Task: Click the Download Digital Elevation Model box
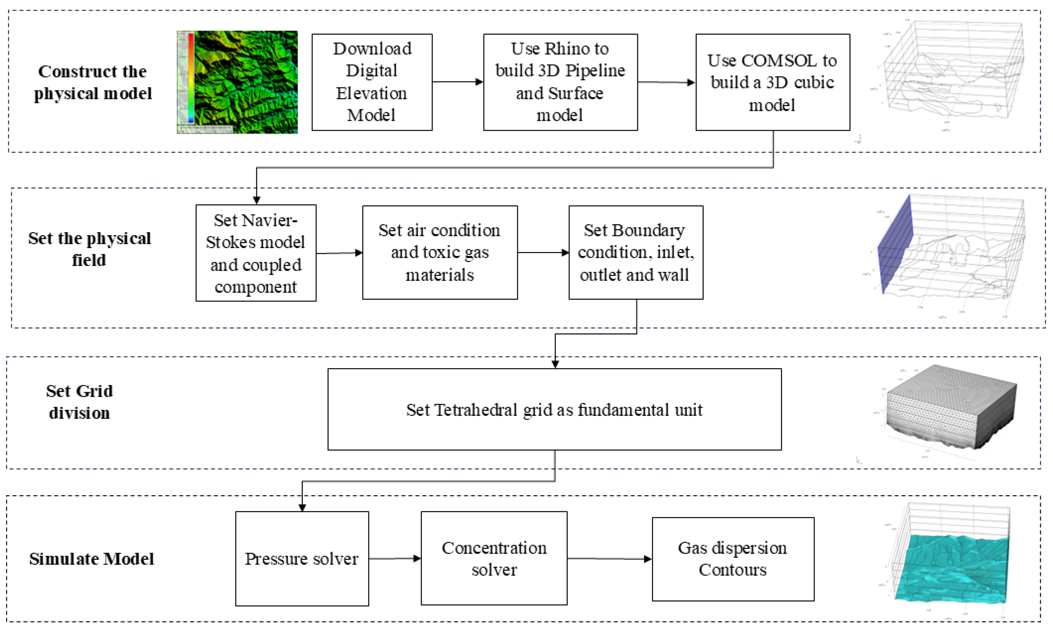[372, 82]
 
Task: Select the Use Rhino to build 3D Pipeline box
[560, 82]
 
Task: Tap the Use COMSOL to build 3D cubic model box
[773, 82]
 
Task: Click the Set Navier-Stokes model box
[256, 253]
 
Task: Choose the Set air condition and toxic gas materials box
[440, 252]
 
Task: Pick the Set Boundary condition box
[635, 252]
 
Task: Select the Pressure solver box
[302, 559]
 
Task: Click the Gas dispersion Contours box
[733, 559]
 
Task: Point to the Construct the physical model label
[93, 82]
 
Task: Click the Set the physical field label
[89, 249]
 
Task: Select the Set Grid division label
[80, 402]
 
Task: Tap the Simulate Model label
[91, 559]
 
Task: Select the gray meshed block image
[951, 406]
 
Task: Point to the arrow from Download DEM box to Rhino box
[457, 82]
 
